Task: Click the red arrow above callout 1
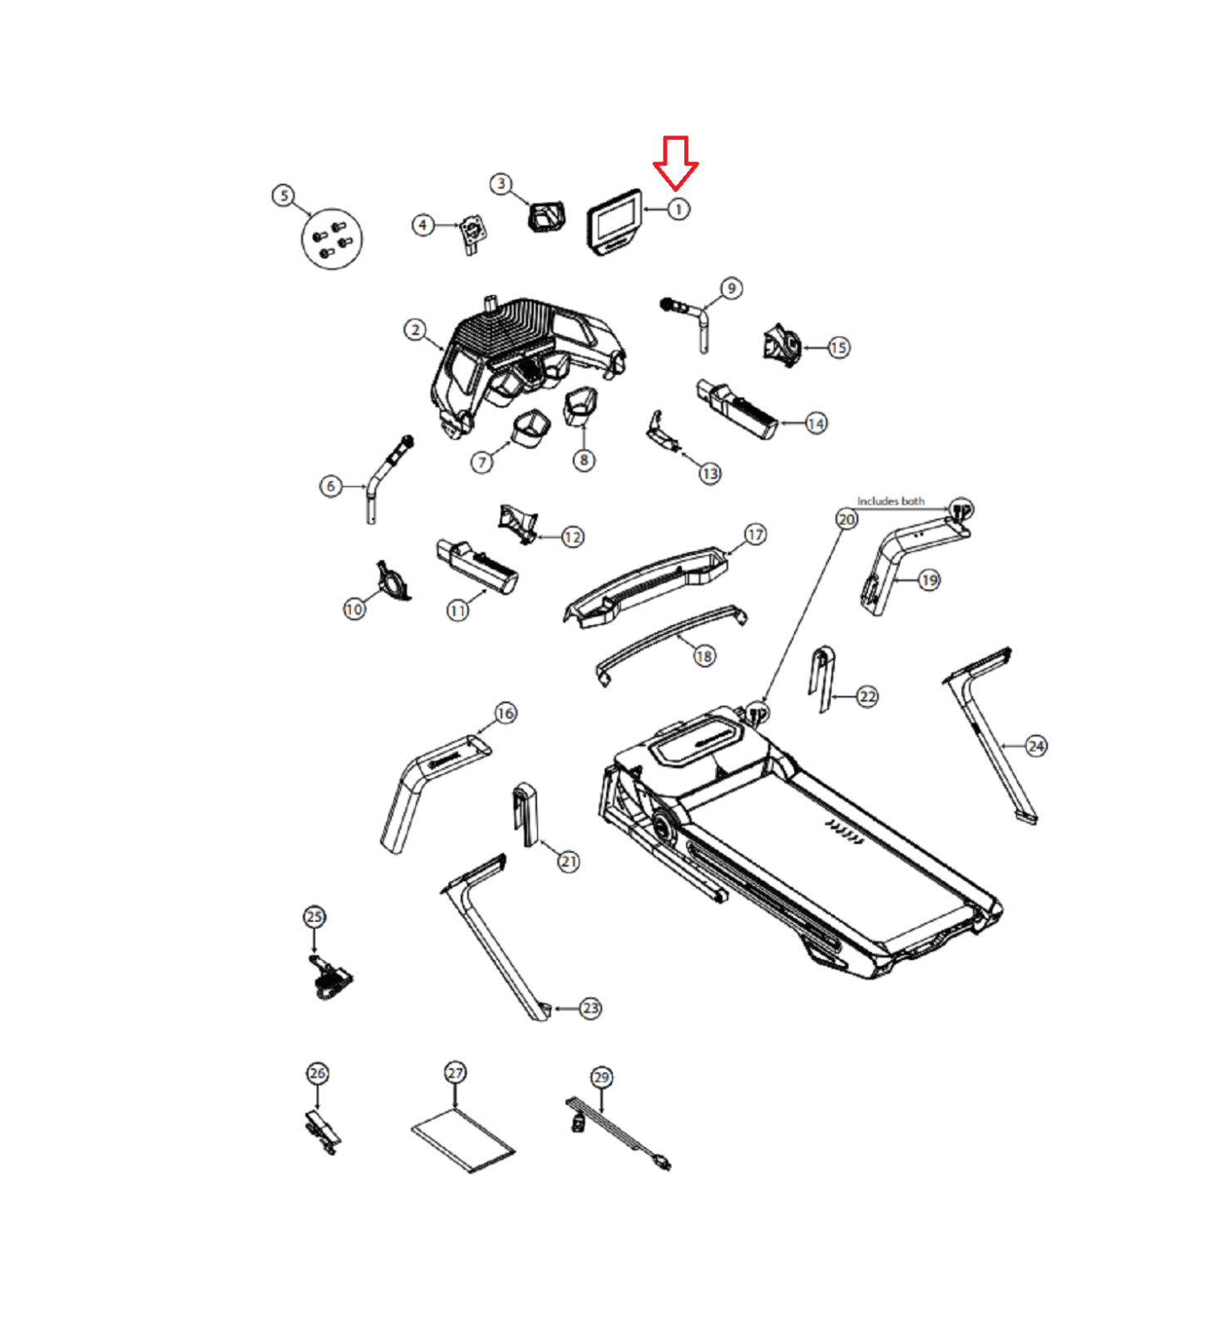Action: [675, 162]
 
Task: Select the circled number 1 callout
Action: [679, 209]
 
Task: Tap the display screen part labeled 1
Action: [615, 222]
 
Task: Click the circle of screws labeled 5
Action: [332, 239]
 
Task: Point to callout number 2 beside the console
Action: [416, 330]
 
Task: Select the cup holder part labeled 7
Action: [531, 427]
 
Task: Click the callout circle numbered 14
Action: [817, 424]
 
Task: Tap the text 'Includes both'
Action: [891, 501]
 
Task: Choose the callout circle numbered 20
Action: [846, 520]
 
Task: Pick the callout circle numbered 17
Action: [755, 534]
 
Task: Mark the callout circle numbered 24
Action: [1036, 746]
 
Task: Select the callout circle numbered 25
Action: [314, 917]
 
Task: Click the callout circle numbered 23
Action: [590, 1008]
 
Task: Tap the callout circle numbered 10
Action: [354, 609]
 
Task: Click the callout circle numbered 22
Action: [867, 697]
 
